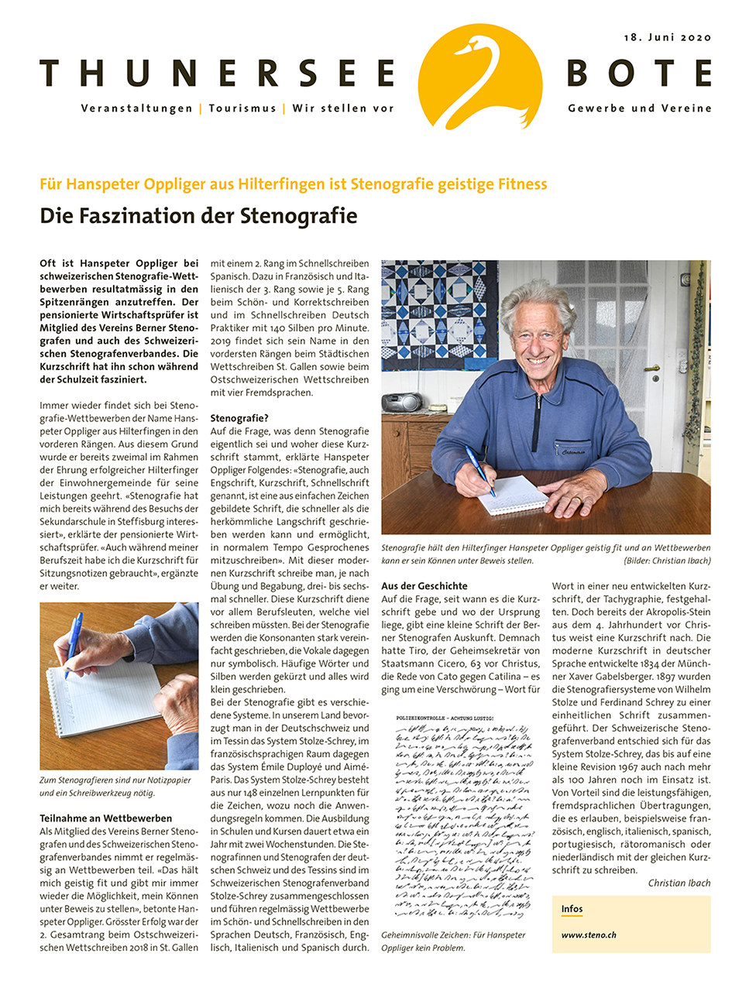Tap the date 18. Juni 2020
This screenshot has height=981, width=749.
(x=667, y=37)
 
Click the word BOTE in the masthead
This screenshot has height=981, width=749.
(x=638, y=74)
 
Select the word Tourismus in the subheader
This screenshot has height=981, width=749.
(x=242, y=108)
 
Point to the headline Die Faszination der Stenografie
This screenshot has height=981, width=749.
(x=198, y=215)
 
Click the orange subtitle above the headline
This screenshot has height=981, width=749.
(x=294, y=184)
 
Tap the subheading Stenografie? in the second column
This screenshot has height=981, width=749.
(x=239, y=418)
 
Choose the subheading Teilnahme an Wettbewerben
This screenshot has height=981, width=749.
(x=106, y=818)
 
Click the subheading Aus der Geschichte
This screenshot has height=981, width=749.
(x=424, y=586)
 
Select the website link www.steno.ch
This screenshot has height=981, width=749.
(x=589, y=935)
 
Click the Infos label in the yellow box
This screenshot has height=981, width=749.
(x=572, y=909)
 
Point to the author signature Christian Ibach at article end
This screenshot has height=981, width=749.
(x=679, y=883)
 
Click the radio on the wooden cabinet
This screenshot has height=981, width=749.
(x=402, y=403)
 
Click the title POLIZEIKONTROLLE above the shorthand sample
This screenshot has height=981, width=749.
(x=445, y=719)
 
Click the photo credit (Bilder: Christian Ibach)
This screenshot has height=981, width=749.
(x=667, y=561)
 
